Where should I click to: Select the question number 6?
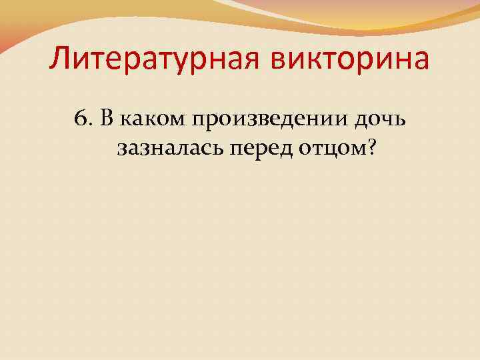[x=81, y=118]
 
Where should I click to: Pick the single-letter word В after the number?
[x=105, y=118]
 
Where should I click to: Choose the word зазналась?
[x=170, y=147]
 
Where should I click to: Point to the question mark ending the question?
[x=368, y=147]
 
